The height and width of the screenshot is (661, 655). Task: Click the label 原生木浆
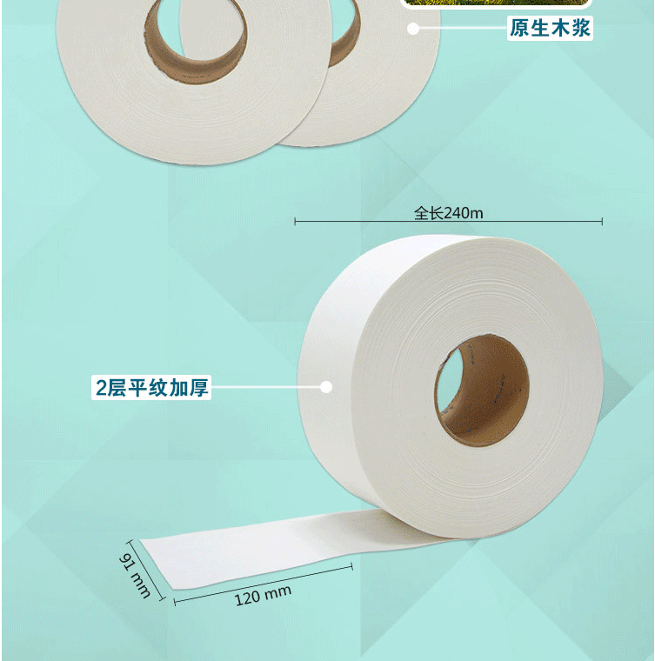(550, 28)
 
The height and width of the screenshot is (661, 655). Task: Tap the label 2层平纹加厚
(151, 388)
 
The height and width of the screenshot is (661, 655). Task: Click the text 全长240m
(449, 213)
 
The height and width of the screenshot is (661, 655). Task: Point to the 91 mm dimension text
(135, 576)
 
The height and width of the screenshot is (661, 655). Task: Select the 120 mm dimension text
(263, 595)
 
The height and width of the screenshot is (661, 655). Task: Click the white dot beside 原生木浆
(413, 29)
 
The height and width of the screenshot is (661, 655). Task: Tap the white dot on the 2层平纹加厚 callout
(326, 387)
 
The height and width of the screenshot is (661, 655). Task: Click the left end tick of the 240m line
(295, 221)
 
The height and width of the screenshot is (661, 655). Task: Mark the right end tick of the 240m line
(602, 221)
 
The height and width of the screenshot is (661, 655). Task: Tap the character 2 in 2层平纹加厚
(101, 388)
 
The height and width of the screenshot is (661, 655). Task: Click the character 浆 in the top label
(581, 28)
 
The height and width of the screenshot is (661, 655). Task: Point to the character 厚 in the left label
(198, 388)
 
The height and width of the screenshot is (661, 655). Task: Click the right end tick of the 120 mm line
(351, 567)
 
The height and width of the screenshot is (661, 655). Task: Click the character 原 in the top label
(519, 28)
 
